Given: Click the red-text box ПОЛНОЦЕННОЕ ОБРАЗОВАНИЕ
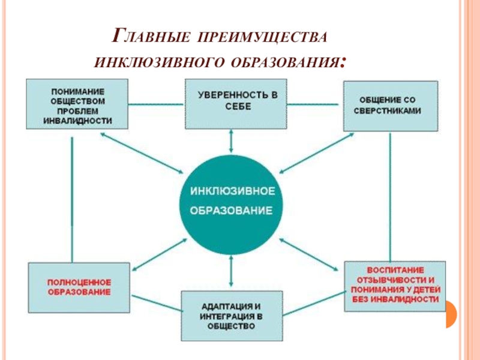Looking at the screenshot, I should coord(79,286).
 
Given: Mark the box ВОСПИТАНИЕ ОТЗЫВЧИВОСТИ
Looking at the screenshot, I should coord(395,286).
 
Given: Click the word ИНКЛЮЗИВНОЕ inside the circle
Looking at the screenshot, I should coord(232,191).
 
